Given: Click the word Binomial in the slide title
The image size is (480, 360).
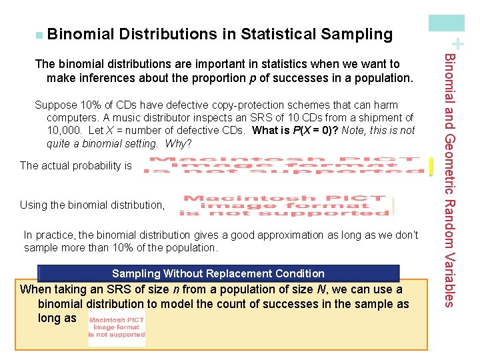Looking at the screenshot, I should point(80,34).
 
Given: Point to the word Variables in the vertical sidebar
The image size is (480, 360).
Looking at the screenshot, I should point(450,279).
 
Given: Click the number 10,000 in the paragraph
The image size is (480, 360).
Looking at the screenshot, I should point(63,131).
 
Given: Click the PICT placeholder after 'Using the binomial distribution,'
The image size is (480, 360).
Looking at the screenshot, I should point(285,205).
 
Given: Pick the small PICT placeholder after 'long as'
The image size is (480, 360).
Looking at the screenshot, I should point(116,327).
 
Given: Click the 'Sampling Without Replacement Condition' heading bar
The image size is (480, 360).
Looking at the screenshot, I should point(219,273).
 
